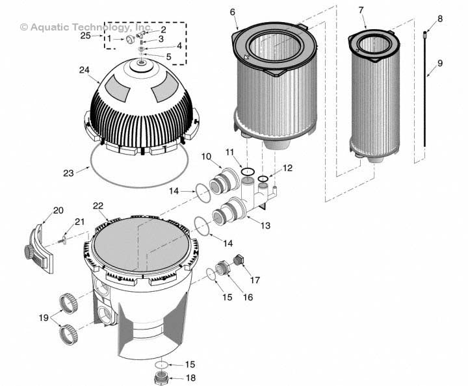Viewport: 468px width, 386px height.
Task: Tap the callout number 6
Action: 233,11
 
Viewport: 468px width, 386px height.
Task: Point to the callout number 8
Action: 440,19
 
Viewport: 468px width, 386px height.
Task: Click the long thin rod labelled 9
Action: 426,97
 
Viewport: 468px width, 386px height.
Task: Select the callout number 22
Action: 98,206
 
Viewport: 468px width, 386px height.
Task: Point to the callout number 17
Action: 254,281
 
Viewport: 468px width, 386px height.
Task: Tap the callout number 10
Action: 207,157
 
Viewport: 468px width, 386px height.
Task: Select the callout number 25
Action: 86,36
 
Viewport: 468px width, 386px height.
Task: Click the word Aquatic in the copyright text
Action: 49,27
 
